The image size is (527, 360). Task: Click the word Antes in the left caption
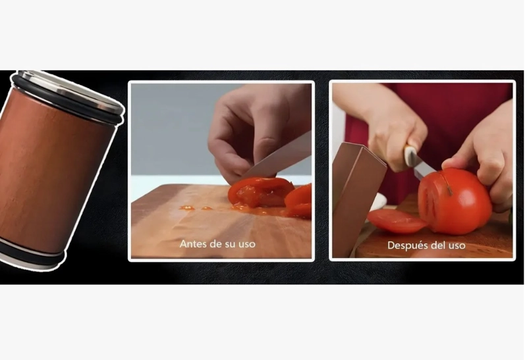coord(192,244)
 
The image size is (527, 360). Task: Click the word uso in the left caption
coord(247,244)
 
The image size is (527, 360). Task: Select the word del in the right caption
coord(437,245)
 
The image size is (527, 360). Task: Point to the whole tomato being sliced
coord(455,201)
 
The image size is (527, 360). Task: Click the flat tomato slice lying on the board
coord(396,220)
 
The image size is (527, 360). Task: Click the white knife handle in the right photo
coord(410,156)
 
